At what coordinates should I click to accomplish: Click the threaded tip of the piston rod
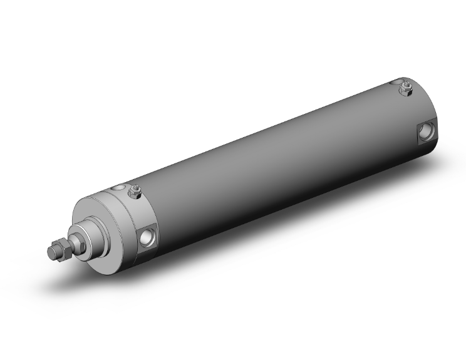(x=53, y=252)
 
